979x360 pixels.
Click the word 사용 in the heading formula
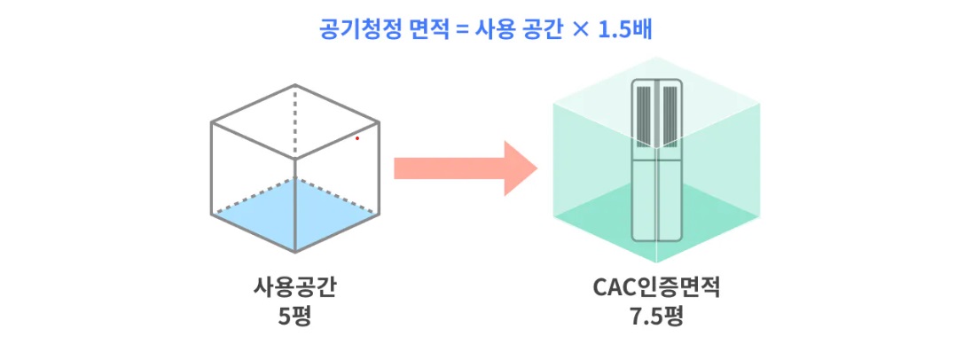(x=501, y=27)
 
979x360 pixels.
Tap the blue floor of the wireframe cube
(x=294, y=213)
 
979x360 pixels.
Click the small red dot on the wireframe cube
(x=357, y=138)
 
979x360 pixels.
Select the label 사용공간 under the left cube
(x=294, y=288)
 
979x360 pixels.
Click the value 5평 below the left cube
(x=294, y=315)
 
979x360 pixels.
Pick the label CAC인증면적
(x=655, y=288)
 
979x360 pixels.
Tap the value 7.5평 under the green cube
(x=655, y=315)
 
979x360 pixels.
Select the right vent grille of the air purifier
(x=670, y=115)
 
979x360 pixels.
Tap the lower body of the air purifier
(x=656, y=200)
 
